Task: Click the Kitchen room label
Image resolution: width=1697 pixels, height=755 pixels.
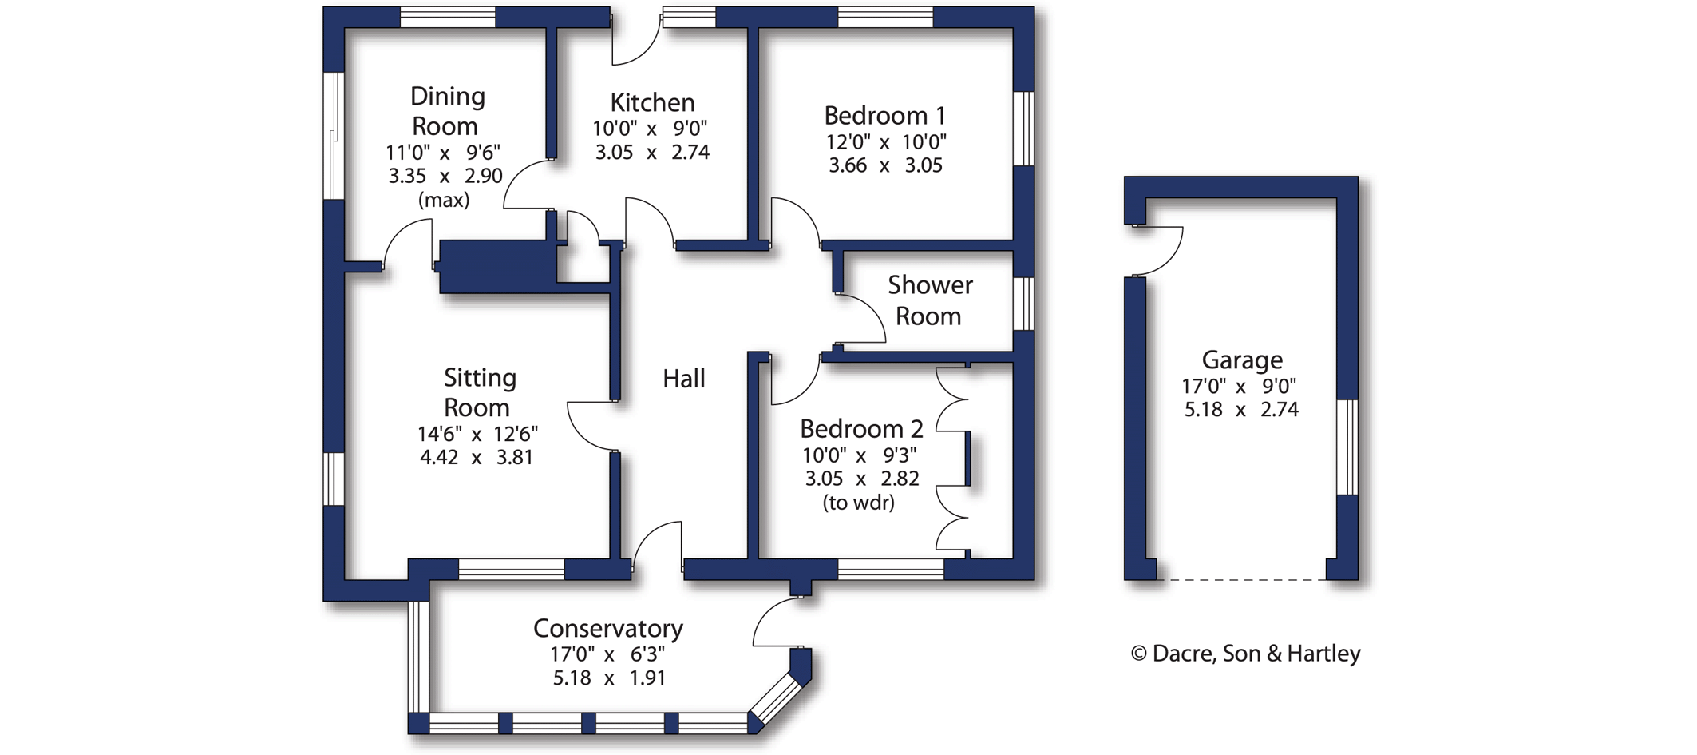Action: [x=652, y=102]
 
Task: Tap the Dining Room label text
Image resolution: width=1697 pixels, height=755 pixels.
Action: [x=446, y=111]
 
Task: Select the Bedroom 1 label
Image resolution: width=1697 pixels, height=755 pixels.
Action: [x=885, y=116]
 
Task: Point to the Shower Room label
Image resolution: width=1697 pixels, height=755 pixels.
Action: [x=930, y=300]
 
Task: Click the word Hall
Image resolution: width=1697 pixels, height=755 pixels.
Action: [x=684, y=379]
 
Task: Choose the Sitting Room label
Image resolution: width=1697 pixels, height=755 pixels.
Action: [x=479, y=392]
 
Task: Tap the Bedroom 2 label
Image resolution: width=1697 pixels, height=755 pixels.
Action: [x=861, y=429]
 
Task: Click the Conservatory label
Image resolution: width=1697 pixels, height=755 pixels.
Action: [x=608, y=629]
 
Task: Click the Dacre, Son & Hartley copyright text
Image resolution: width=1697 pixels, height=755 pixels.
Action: [x=1245, y=654]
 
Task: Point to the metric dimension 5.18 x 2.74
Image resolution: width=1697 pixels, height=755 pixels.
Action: [x=1241, y=410]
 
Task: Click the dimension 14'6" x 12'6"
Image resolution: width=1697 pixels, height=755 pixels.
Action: [x=477, y=434]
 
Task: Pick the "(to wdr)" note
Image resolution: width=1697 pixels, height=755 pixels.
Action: [x=858, y=503]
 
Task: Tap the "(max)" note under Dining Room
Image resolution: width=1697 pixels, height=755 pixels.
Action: [x=444, y=200]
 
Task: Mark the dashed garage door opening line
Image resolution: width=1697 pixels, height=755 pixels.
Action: [x=1241, y=579]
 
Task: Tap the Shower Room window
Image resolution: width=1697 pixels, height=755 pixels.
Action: [x=1023, y=304]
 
